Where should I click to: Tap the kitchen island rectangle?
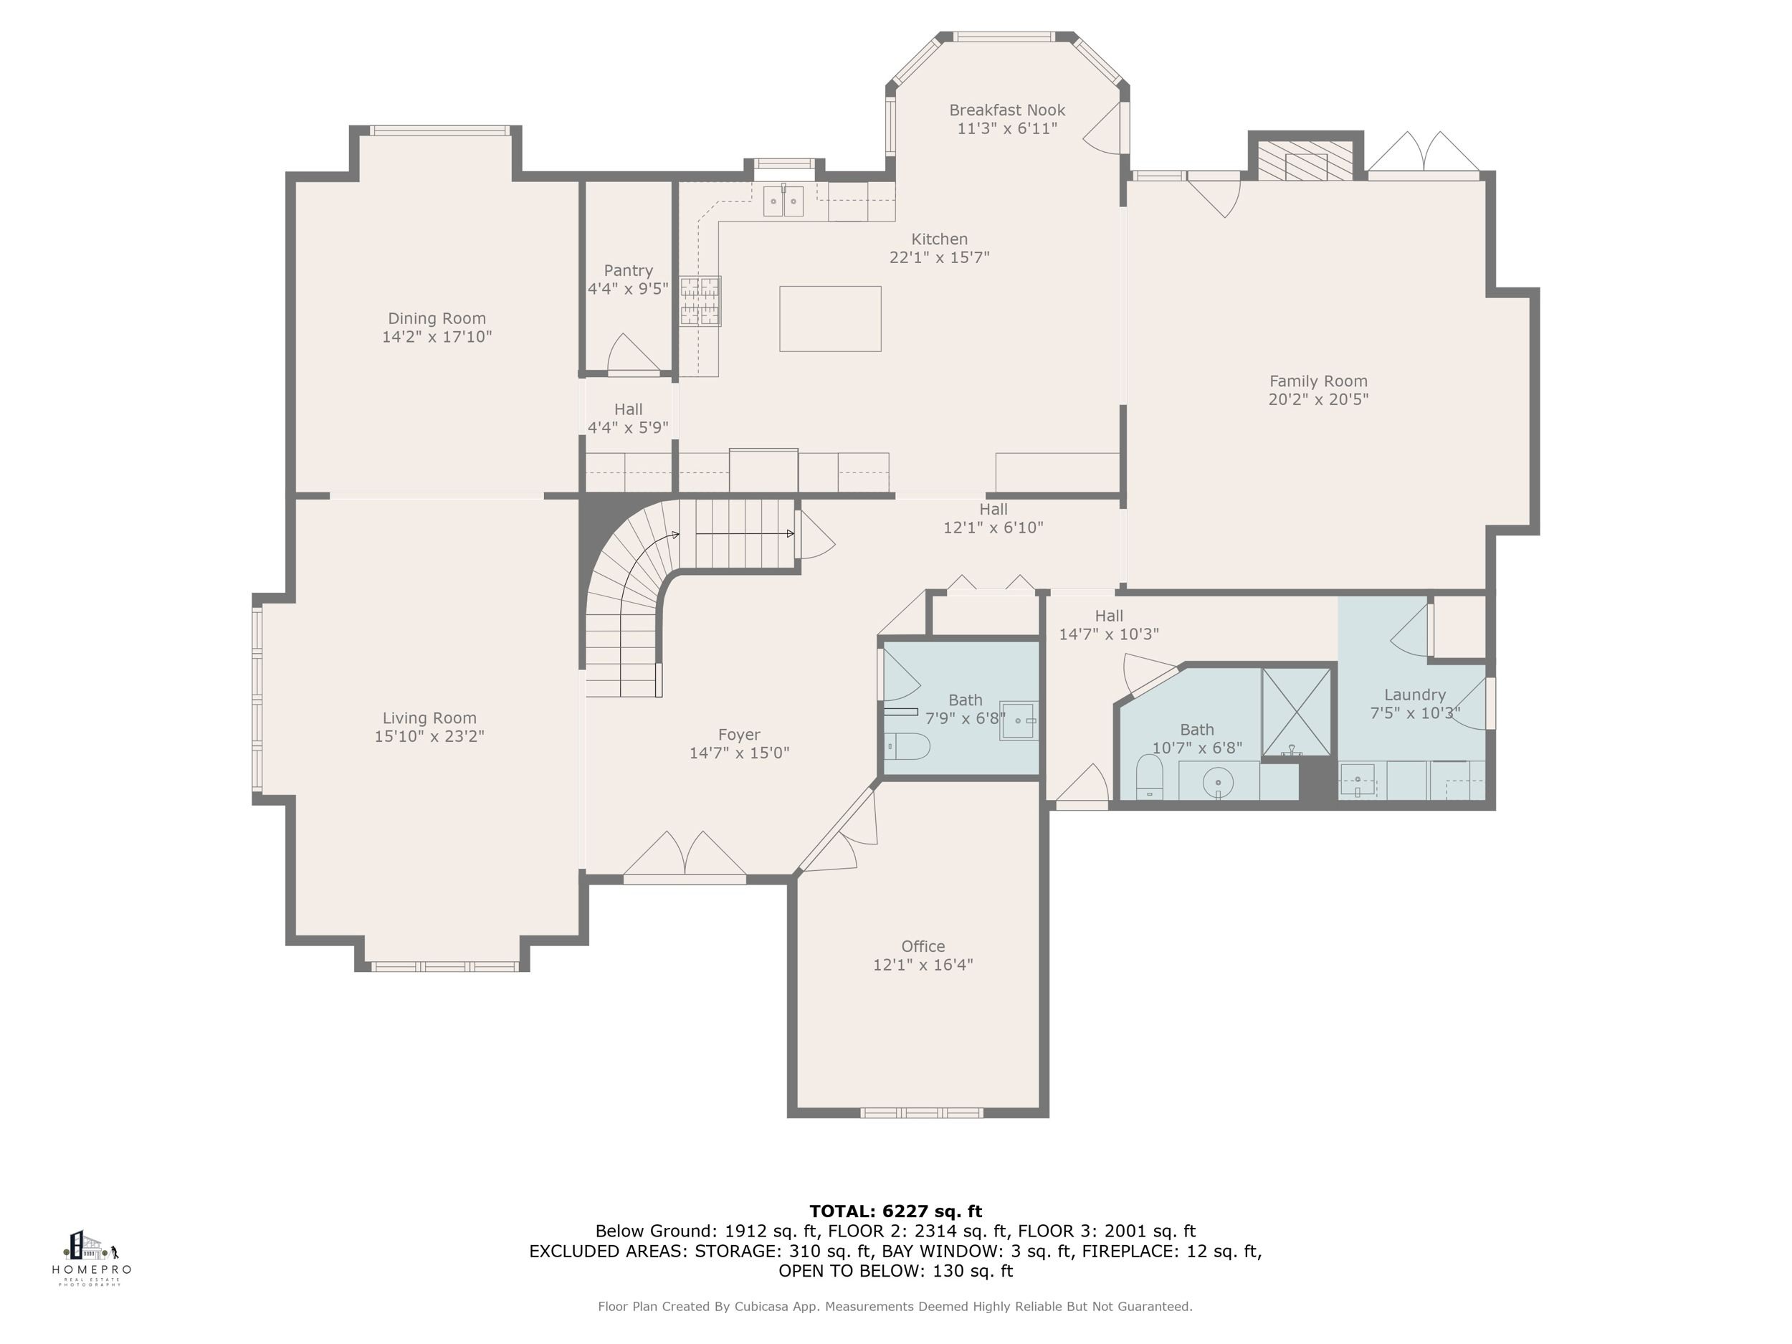(830, 318)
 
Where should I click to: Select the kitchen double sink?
(783, 201)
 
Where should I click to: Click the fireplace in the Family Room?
(1306, 160)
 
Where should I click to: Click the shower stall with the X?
(1296, 712)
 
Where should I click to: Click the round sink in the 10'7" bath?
(1218, 783)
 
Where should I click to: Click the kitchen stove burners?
(700, 301)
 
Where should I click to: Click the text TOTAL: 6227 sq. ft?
(895, 1211)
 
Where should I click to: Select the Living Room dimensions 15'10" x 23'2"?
(429, 736)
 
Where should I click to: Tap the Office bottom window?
(922, 1113)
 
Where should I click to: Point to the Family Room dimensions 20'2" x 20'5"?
(1318, 399)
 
